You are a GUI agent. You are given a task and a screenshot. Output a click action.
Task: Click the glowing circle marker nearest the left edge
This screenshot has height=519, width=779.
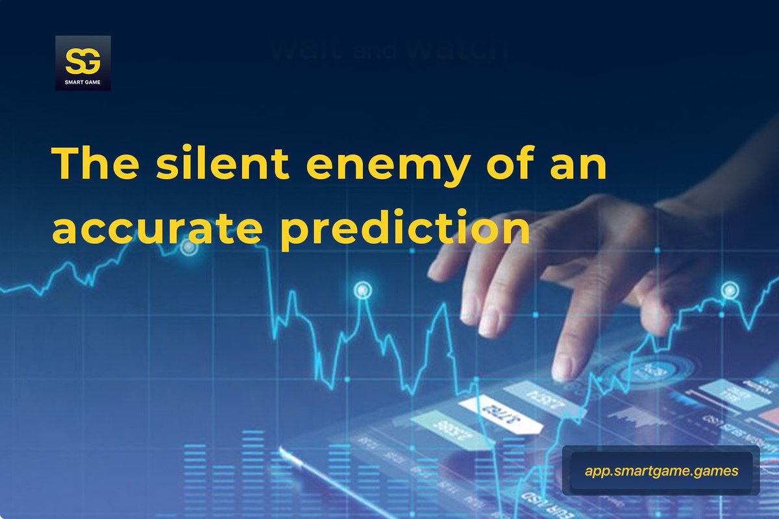(188, 247)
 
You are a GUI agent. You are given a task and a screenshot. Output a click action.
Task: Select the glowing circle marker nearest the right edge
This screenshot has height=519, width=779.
(729, 287)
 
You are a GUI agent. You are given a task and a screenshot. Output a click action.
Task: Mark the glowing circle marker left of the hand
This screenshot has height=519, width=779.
(362, 289)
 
